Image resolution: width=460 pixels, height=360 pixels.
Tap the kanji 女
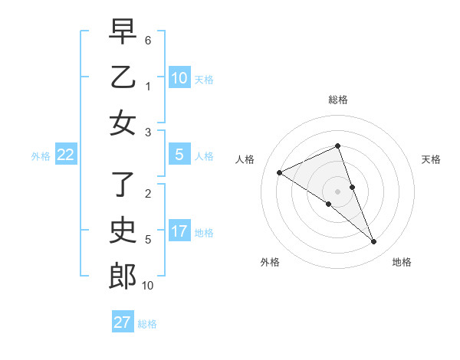pyautogui.click(x=122, y=123)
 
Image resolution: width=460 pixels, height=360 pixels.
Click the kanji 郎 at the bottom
pyautogui.click(x=122, y=276)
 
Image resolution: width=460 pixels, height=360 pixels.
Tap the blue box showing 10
pyautogui.click(x=179, y=78)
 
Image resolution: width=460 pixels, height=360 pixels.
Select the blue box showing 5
pyautogui.click(x=179, y=155)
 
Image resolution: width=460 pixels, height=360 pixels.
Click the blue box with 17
pyautogui.click(x=179, y=231)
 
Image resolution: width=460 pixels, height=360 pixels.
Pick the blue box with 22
pyautogui.click(x=65, y=155)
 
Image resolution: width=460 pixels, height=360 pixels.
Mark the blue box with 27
pyautogui.click(x=122, y=322)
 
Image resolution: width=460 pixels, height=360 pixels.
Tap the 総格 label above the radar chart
pyautogui.click(x=338, y=100)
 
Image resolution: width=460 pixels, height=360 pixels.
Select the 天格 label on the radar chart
pyautogui.click(x=431, y=159)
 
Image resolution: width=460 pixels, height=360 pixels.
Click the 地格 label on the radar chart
pyautogui.click(x=402, y=262)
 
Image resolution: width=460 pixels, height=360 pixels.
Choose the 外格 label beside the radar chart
pyautogui.click(x=270, y=262)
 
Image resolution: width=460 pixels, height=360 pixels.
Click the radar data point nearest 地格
pyautogui.click(x=374, y=242)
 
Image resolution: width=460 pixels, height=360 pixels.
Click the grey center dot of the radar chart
pyautogui.click(x=338, y=191)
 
